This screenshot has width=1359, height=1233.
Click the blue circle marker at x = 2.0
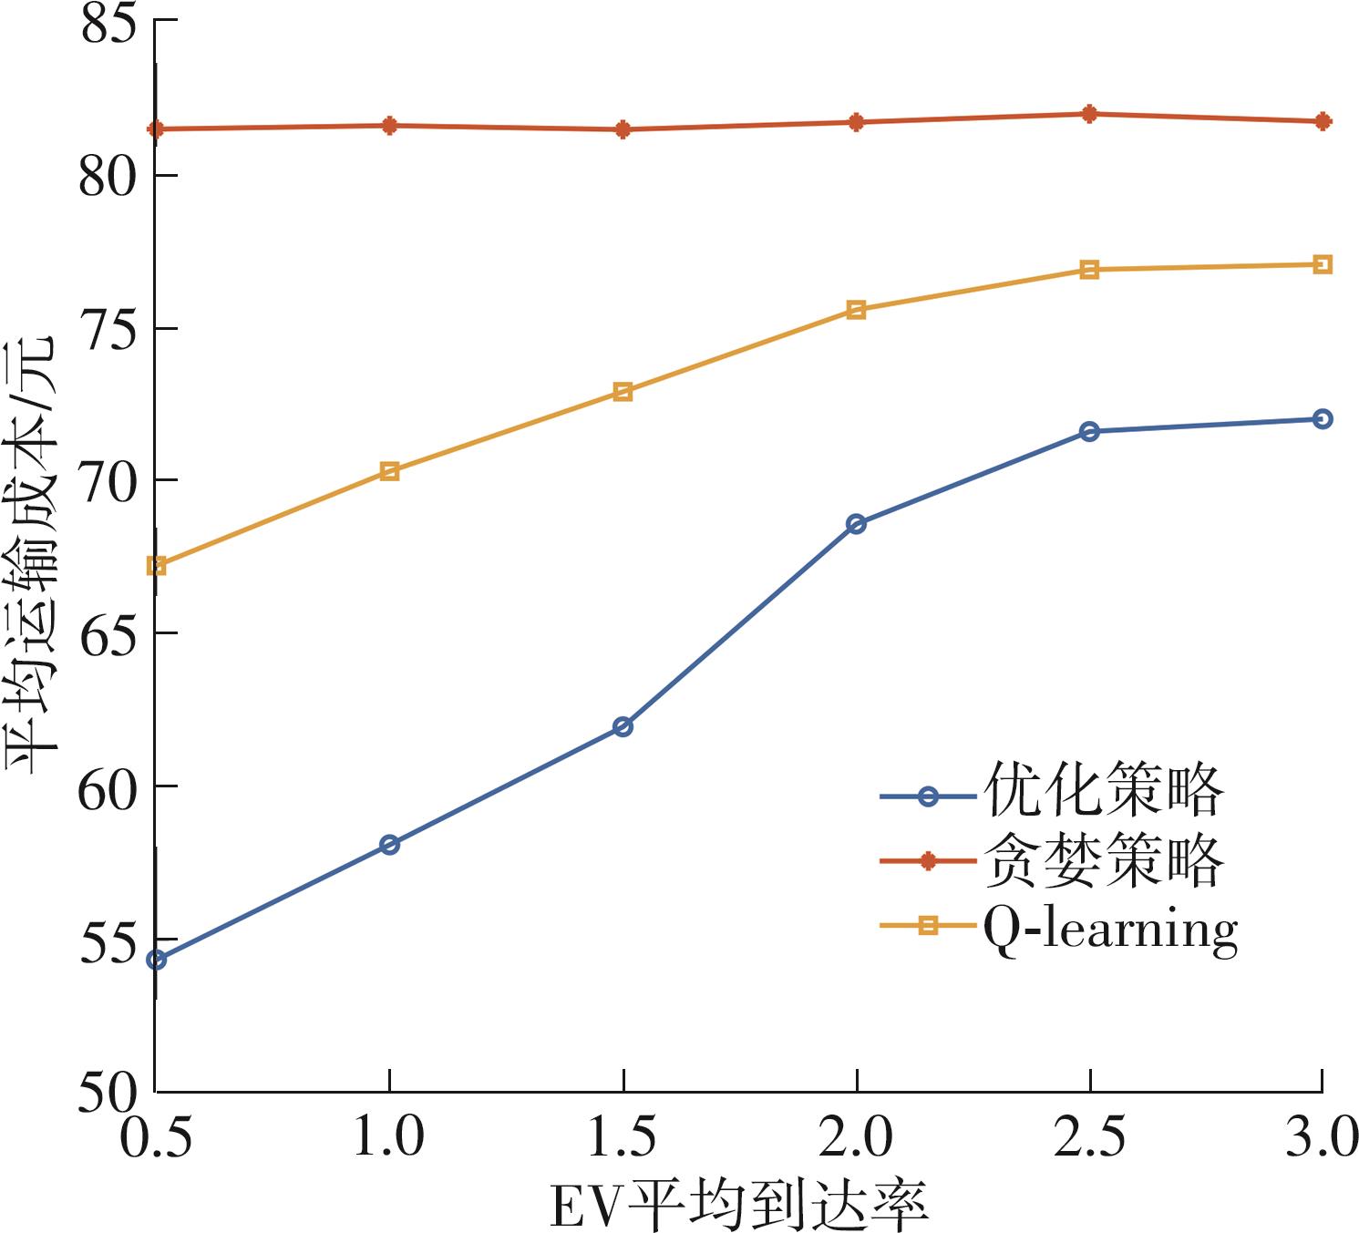tap(856, 524)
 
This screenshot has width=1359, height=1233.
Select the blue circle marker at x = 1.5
tap(623, 726)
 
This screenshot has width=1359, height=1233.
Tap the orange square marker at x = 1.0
tap(389, 471)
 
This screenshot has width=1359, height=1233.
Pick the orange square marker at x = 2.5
tap(1089, 270)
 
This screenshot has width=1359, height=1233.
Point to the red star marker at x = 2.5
tap(1089, 114)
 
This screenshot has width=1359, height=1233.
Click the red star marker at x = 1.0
tap(389, 126)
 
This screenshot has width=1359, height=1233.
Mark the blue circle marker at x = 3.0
tap(1323, 419)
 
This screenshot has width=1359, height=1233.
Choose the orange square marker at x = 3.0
tap(1323, 265)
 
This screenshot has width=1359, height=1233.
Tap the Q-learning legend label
tap(1109, 930)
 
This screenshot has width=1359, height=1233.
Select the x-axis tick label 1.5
tap(623, 1138)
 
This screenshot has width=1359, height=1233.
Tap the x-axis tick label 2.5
tap(1089, 1138)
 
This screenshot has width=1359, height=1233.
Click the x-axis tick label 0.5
tap(157, 1138)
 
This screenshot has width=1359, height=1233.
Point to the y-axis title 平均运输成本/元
tap(34, 556)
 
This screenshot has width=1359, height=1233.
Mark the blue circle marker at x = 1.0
tap(389, 845)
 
